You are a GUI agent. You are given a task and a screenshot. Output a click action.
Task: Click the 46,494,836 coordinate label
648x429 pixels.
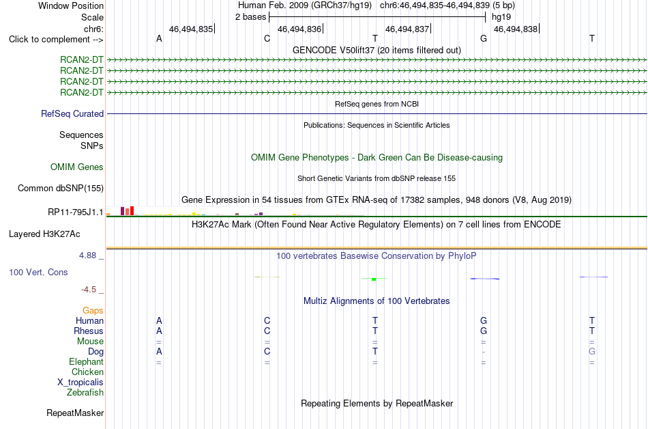[299, 29]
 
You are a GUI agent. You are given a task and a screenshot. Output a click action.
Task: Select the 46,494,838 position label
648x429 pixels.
[516, 29]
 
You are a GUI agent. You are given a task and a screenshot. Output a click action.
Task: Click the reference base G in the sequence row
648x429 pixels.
[484, 38]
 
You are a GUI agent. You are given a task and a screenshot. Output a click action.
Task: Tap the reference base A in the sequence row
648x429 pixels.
[159, 38]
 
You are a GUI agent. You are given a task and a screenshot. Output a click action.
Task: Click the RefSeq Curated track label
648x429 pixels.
[72, 114]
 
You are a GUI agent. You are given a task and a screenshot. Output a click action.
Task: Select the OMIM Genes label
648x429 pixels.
[77, 167]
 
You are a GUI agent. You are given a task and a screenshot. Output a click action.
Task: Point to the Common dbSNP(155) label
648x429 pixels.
[61, 189]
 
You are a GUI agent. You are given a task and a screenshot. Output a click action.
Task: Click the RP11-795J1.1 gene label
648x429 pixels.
[76, 212]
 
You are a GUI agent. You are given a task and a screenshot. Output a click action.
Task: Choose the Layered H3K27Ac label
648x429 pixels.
[44, 234]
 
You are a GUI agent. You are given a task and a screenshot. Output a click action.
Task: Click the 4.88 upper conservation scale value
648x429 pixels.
[87, 255]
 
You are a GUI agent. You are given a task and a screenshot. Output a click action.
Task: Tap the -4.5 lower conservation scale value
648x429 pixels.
[89, 290]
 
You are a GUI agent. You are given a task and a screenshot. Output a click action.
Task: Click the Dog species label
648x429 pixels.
[95, 352]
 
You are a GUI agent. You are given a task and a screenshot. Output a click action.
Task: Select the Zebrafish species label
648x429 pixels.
[85, 392]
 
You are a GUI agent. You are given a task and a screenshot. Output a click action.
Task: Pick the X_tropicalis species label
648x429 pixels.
[80, 383]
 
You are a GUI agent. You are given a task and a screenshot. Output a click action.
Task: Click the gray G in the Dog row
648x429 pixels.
[592, 352]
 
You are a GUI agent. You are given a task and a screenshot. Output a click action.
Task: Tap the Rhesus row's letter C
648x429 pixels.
[267, 331]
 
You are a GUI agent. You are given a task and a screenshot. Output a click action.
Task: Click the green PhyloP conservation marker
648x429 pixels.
[374, 279]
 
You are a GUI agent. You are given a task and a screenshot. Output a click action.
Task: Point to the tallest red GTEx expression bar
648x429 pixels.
[132, 210]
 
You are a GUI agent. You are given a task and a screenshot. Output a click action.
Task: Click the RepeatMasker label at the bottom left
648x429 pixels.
[75, 413]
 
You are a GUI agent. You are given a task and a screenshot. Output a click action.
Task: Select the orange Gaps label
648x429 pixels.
[93, 311]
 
